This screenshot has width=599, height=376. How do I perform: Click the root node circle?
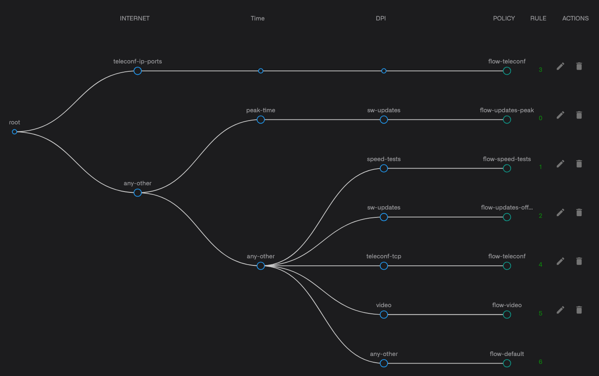(15, 132)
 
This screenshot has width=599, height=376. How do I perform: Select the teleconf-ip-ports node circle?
(138, 71)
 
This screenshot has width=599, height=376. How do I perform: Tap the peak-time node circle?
(261, 120)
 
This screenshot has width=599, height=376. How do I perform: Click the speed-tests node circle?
(384, 169)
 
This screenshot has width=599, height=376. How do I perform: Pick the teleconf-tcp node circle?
(384, 266)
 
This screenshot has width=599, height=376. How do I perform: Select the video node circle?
(384, 315)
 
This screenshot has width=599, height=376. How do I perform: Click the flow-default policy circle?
(507, 363)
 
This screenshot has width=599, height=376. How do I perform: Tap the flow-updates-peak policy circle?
(507, 120)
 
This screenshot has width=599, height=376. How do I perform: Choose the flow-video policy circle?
(507, 315)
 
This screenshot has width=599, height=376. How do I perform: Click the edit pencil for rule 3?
(561, 66)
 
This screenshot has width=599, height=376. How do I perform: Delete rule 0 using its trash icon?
(579, 115)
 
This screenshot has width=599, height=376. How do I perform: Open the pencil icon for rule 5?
(561, 310)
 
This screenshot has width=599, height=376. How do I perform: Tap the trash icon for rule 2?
(579, 213)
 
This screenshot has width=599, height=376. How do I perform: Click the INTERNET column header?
(135, 18)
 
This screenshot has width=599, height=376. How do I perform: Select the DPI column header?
(381, 18)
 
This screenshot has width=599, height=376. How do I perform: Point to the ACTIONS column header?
(575, 18)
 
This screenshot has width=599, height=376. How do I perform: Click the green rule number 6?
(540, 362)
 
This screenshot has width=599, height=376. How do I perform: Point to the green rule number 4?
(540, 265)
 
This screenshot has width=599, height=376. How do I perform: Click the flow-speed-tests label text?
(507, 159)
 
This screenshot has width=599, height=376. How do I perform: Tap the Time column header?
(257, 18)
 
